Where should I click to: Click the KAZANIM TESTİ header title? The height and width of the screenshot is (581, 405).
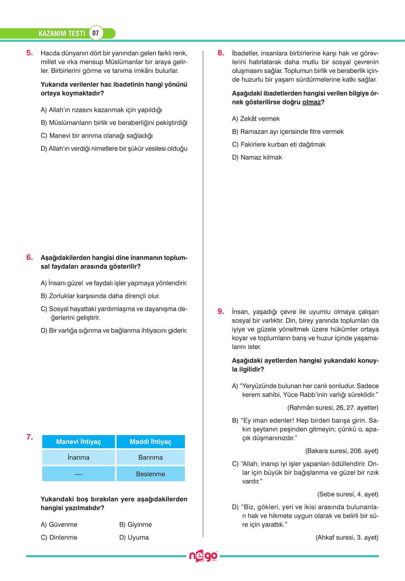pyautogui.click(x=62, y=34)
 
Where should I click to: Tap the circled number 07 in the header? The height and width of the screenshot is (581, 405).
pyautogui.click(x=96, y=33)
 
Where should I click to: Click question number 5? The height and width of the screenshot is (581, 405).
pyautogui.click(x=30, y=53)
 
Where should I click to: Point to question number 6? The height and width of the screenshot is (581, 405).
pyautogui.click(x=30, y=257)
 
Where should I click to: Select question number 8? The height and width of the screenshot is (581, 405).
pyautogui.click(x=221, y=53)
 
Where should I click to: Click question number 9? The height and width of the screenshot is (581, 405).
pyautogui.click(x=221, y=311)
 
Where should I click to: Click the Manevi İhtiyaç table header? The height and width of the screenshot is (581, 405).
pyautogui.click(x=78, y=442)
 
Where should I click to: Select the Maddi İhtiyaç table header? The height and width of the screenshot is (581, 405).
pyautogui.click(x=151, y=442)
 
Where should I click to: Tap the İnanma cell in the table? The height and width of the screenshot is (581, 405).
pyautogui.click(x=78, y=457)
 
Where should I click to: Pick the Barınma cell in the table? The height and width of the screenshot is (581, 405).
pyautogui.click(x=151, y=457)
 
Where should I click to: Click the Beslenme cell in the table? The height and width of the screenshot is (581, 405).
pyautogui.click(x=151, y=474)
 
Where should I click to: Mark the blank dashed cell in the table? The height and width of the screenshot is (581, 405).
pyautogui.click(x=78, y=474)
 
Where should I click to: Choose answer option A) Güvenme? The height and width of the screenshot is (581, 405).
pyautogui.click(x=59, y=524)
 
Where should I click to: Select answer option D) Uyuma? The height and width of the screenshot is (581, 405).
pyautogui.click(x=134, y=537)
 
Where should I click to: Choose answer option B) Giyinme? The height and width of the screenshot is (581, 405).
pyautogui.click(x=135, y=524)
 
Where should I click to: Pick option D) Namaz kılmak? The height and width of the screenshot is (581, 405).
pyautogui.click(x=257, y=157)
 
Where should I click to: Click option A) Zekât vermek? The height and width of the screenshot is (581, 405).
pyautogui.click(x=256, y=119)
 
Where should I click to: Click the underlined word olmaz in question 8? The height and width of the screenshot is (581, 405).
pyautogui.click(x=311, y=102)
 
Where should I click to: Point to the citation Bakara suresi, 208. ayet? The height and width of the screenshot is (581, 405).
pyautogui.click(x=342, y=451)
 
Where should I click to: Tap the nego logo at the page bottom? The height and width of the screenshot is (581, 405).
pyautogui.click(x=203, y=556)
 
